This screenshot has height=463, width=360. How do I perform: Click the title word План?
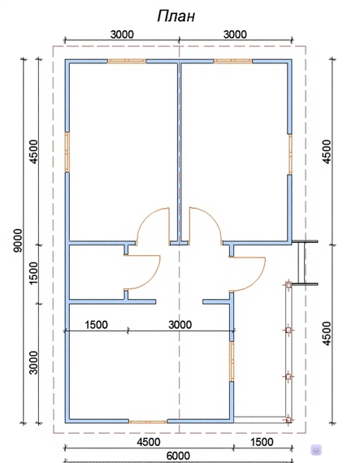[x=176, y=16]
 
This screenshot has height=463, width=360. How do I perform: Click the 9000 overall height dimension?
[x=18, y=240]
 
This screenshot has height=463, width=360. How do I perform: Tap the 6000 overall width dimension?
[x=179, y=456]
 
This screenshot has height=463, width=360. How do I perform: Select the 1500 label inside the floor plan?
[x=96, y=325]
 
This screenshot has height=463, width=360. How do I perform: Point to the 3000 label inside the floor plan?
[x=180, y=325]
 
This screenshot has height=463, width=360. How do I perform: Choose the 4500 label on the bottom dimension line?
[x=149, y=442]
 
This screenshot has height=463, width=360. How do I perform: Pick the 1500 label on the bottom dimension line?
[x=262, y=442]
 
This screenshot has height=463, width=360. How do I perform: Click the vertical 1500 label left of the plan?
[x=33, y=273]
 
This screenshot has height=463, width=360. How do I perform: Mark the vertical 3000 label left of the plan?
[x=33, y=362]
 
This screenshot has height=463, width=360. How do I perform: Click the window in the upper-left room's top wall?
[x=127, y=61]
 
